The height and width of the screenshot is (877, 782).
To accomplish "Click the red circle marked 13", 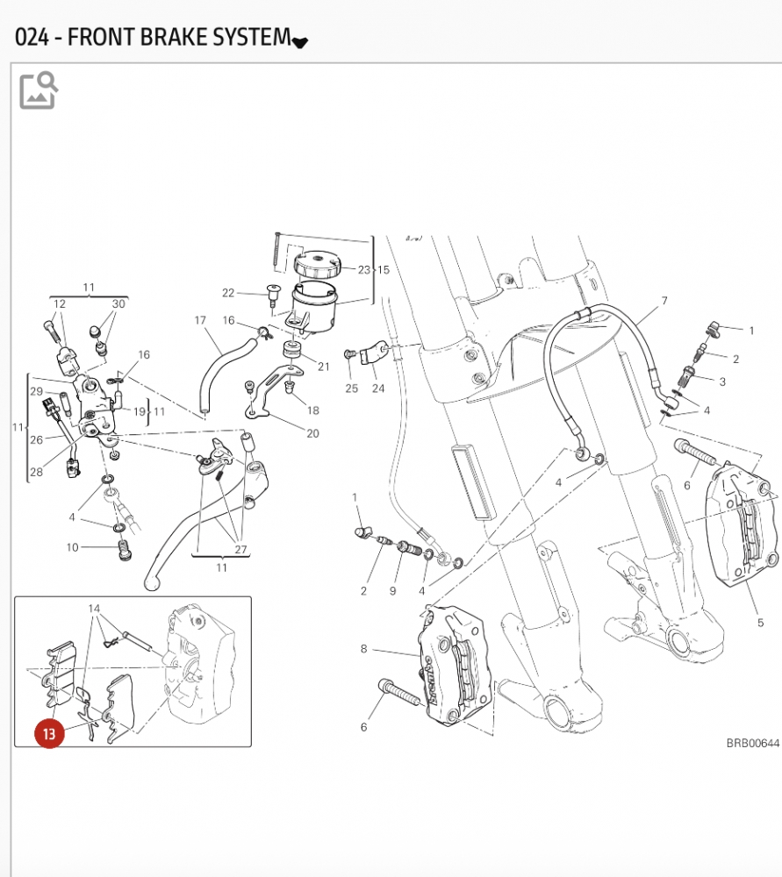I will [49, 732].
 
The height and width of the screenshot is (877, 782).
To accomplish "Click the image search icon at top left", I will [39, 90].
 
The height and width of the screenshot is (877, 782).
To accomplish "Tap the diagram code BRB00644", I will [752, 743].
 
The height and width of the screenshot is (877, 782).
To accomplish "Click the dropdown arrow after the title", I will [300, 41].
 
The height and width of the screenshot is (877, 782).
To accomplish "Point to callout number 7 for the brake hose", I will [664, 301].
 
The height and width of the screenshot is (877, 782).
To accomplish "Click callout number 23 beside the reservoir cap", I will [363, 269].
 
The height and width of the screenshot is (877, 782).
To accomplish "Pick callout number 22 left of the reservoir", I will [228, 293].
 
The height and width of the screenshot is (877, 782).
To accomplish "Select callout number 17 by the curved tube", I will [200, 321].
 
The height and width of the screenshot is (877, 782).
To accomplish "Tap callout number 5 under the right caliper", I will [760, 624].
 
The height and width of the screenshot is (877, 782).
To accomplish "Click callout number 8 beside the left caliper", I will [363, 649].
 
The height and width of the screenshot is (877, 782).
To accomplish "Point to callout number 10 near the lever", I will [72, 548].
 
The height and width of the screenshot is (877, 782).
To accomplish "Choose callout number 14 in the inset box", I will [94, 608].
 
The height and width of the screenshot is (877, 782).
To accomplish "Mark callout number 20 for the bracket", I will [312, 433].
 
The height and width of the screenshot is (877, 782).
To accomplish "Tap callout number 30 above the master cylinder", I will [118, 303].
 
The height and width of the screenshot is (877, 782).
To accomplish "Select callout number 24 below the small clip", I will [378, 389].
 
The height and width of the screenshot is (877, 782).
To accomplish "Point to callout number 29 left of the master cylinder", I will [36, 391].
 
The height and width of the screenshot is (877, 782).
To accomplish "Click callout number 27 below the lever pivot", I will [240, 549].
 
